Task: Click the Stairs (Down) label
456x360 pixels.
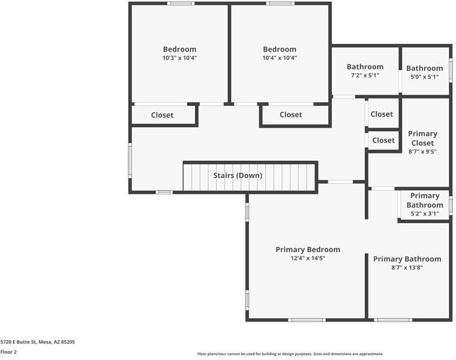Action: [x=238, y=175]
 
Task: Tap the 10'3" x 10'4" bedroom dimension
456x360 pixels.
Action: [x=180, y=58]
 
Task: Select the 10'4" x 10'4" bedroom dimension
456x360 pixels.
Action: [x=280, y=58]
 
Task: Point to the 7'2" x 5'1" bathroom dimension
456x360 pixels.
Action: [x=365, y=76]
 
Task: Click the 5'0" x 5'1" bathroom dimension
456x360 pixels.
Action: [x=425, y=77]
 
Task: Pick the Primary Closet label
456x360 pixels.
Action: [x=422, y=138]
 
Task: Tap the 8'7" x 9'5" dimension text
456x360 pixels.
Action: [x=422, y=152]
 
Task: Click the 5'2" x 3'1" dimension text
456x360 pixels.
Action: [x=425, y=214]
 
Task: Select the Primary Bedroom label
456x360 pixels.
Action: [x=308, y=250]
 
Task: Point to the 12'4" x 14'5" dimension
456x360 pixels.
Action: [x=308, y=258]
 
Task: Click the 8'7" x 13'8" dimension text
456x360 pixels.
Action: [x=407, y=268]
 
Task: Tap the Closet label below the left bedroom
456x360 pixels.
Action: [x=162, y=115]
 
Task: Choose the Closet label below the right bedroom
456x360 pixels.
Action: [x=291, y=115]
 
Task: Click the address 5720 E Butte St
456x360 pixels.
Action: [x=19, y=342]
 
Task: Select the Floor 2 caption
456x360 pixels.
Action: [x=8, y=352]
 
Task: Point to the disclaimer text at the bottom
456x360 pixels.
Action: [x=290, y=354]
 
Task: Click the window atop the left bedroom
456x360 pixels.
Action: [x=181, y=4]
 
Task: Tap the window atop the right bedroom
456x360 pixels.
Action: [x=280, y=4]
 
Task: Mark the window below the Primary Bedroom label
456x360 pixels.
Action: [x=307, y=320]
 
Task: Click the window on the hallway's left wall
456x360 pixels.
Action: [x=130, y=160]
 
